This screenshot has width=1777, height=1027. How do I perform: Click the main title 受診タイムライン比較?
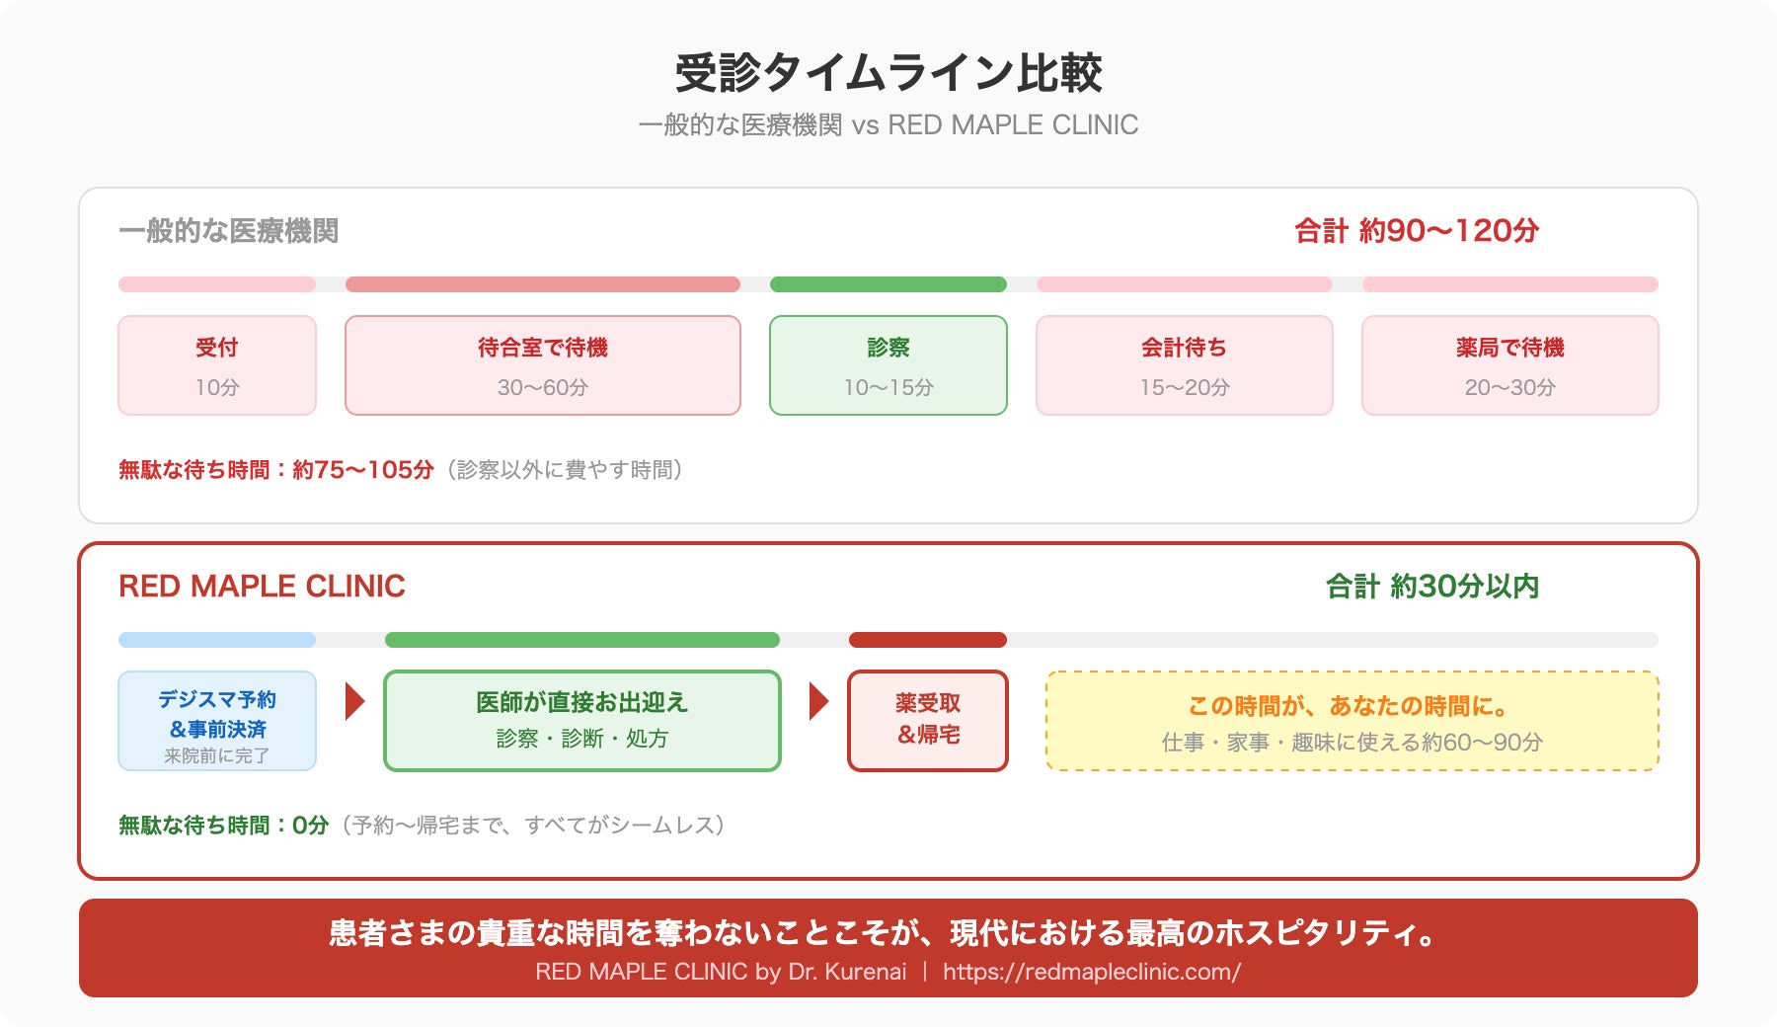tap(888, 73)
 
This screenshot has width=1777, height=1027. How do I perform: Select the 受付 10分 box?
tap(217, 365)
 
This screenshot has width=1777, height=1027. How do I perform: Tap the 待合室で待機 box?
tap(543, 365)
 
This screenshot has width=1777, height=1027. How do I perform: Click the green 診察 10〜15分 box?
tap(888, 365)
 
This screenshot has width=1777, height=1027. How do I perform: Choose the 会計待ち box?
tap(1185, 365)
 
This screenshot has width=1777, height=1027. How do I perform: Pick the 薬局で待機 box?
tap(1510, 365)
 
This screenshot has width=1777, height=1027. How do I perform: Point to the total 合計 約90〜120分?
tap(1417, 231)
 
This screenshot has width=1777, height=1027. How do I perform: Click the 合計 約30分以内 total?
tap(1432, 587)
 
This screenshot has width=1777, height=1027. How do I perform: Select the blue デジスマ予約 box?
tap(217, 721)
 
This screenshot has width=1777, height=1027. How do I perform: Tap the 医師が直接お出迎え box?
tap(582, 721)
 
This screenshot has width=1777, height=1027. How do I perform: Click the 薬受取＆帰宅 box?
tap(928, 721)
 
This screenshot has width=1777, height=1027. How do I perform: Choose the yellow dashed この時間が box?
tap(1352, 721)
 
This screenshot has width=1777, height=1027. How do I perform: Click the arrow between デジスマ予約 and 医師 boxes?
tap(355, 701)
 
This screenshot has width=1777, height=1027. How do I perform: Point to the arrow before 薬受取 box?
tap(819, 701)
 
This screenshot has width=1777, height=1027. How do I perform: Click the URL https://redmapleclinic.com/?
tap(1092, 972)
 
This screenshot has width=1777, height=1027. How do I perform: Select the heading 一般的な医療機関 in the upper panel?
tap(229, 231)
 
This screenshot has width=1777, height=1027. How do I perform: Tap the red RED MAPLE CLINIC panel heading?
tap(262, 587)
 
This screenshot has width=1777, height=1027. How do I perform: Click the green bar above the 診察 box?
tap(888, 284)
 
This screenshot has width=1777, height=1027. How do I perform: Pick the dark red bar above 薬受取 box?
tap(928, 640)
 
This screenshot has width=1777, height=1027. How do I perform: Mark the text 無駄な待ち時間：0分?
tap(223, 826)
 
